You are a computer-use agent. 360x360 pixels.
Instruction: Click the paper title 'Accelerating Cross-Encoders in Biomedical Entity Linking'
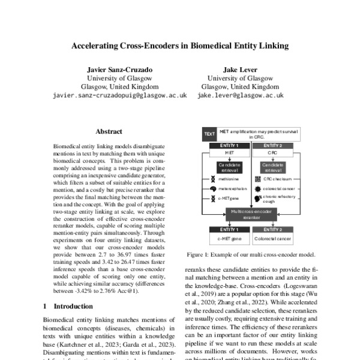point(180,45)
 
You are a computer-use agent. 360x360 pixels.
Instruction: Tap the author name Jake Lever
point(239,69)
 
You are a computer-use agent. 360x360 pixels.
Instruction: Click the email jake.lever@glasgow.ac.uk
point(239,95)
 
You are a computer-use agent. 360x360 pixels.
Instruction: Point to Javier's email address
point(119,95)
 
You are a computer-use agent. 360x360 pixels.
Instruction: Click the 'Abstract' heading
point(109,131)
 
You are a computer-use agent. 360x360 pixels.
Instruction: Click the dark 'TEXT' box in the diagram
point(209,133)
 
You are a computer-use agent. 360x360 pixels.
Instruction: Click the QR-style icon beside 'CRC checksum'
point(258,179)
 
